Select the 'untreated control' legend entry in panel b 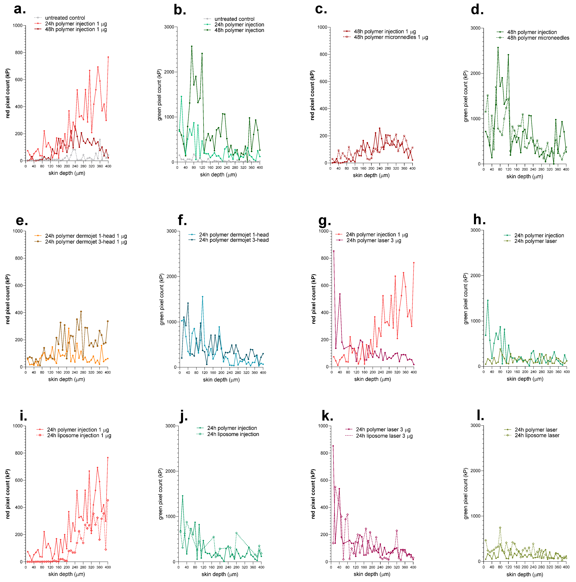coord(234,19)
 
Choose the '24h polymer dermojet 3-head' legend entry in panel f coord(234,240)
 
